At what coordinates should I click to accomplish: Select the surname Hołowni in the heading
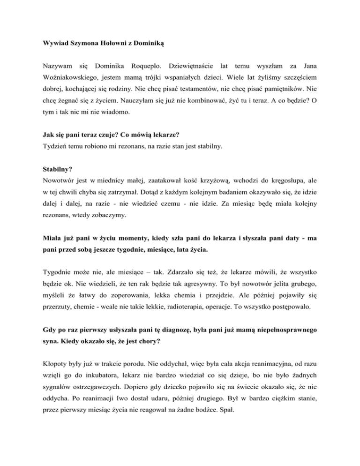[109, 47]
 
